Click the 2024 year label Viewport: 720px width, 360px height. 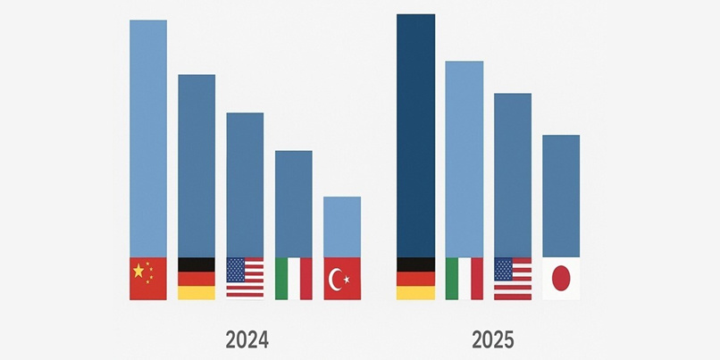coord(247,339)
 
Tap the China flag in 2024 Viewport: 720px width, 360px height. coord(148,279)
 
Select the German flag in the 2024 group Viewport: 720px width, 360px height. coord(197,279)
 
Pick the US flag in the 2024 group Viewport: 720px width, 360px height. coord(245,279)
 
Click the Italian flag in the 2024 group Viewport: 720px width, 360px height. coord(294,279)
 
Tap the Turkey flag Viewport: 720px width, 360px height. coord(342,279)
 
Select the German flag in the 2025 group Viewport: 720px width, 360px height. coord(415,279)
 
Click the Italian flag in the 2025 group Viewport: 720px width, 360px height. coord(465,279)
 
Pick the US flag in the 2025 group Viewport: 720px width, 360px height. coord(513,279)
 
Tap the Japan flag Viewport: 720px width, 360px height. coord(561,279)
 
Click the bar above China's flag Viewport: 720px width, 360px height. coord(148,138)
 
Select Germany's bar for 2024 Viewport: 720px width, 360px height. coord(197,165)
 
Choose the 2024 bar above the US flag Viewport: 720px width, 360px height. coord(245,185)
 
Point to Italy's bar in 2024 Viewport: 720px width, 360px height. coord(294,204)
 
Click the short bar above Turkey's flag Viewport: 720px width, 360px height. coord(342,227)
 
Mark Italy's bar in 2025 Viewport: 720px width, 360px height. coord(465,159)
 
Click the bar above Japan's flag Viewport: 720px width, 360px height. coord(561,197)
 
